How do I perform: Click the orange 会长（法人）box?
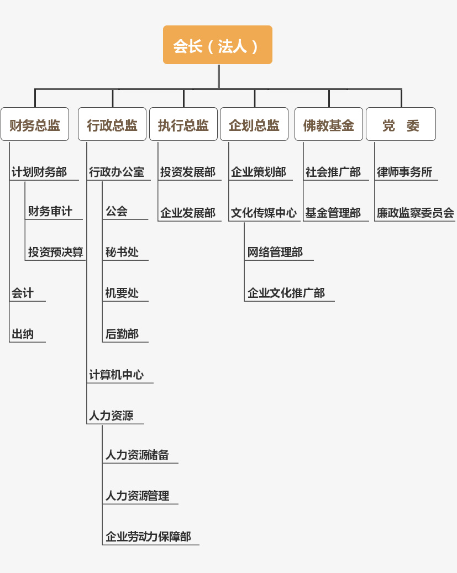click(218, 45)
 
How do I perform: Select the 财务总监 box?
click(35, 124)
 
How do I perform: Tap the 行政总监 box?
click(112, 124)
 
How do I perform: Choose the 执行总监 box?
click(183, 124)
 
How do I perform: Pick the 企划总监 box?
click(254, 124)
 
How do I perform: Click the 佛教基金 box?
click(329, 124)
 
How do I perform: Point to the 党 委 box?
click(401, 124)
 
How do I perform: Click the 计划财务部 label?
click(39, 172)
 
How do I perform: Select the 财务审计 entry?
click(50, 211)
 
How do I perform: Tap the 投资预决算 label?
click(56, 252)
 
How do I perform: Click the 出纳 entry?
click(23, 334)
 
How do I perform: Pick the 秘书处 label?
click(122, 252)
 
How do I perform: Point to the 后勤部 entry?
click(122, 334)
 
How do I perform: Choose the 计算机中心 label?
click(116, 375)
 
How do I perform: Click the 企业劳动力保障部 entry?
click(149, 537)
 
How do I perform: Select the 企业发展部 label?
click(188, 213)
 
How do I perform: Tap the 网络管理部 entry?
click(275, 252)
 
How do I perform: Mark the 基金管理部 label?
click(333, 213)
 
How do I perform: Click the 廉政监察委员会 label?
click(416, 213)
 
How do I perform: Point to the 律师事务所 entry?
click(405, 172)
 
